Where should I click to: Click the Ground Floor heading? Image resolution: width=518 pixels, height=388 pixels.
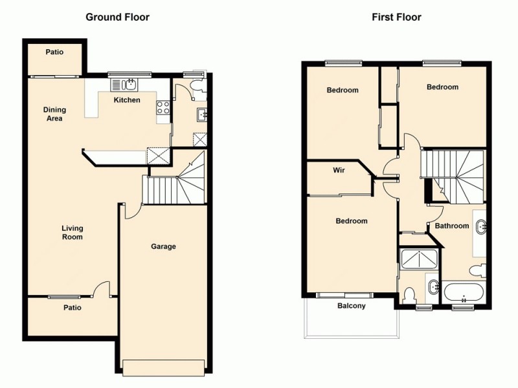(x=117, y=17)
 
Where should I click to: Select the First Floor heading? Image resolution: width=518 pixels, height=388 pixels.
(x=396, y=17)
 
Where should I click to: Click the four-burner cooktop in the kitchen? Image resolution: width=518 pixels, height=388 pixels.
(x=163, y=109)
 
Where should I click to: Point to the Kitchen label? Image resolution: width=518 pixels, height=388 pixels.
(x=127, y=100)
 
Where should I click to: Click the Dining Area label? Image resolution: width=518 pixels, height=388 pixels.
(x=54, y=114)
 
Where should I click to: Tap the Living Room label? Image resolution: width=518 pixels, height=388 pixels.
(x=72, y=232)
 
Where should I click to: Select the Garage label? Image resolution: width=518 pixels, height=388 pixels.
(x=163, y=246)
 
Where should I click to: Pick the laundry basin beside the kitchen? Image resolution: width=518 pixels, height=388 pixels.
(x=202, y=115)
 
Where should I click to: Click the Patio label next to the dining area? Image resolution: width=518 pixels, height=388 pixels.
(x=54, y=52)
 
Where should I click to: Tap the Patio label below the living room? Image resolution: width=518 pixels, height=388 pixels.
(x=73, y=308)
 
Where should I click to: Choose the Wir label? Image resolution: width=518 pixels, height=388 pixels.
(x=338, y=171)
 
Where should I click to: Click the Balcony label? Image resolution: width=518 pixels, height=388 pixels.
(x=352, y=306)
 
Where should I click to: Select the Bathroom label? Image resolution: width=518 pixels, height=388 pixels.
(x=451, y=226)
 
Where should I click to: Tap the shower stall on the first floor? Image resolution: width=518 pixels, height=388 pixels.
(x=419, y=259)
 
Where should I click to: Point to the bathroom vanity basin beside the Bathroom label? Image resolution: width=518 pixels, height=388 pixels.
(x=480, y=227)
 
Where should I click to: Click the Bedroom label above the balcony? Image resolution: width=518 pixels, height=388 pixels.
(x=351, y=221)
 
